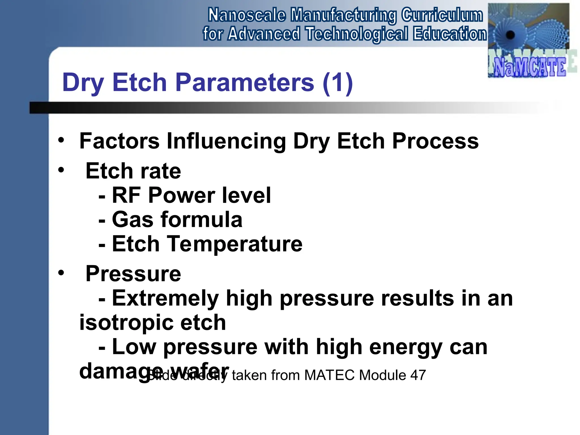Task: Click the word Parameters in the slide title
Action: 245,82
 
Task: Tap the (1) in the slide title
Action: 338,82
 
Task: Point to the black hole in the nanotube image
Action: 510,35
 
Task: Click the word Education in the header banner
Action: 449,34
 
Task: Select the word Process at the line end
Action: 435,141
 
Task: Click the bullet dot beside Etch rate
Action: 61,170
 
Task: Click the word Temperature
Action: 235,244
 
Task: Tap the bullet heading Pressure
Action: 133,274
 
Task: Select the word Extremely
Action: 165,298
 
